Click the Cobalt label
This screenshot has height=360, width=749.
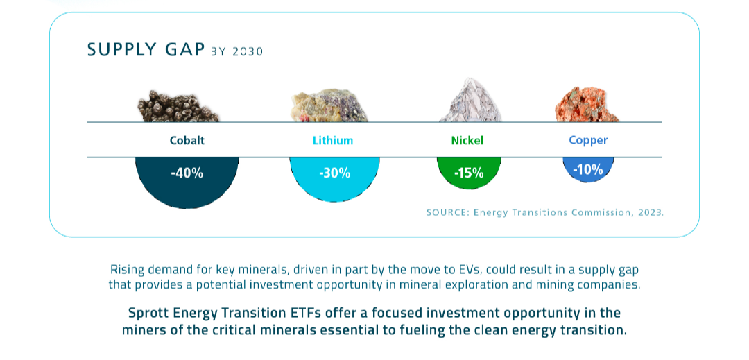point(187,140)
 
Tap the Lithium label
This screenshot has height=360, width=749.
point(333,140)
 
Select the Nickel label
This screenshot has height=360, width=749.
point(467,140)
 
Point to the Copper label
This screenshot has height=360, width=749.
point(588,140)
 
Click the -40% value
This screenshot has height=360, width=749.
point(187,173)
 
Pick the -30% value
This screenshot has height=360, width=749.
point(334,173)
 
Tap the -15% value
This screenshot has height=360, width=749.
point(469,173)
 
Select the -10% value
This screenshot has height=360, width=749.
point(588,169)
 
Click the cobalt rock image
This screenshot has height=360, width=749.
point(178,106)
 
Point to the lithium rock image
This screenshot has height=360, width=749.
point(329,106)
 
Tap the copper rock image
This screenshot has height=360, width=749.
point(586,105)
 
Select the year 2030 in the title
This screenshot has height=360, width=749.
point(248,51)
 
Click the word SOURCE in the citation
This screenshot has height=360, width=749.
point(447,212)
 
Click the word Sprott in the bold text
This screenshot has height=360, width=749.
point(150,312)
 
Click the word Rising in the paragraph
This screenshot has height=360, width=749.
point(127,269)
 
